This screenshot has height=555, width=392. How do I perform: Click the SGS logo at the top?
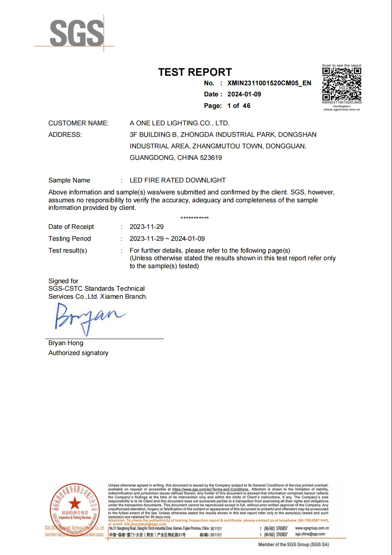77,34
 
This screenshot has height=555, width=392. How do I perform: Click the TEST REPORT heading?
195,72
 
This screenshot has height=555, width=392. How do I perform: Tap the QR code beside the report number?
342,84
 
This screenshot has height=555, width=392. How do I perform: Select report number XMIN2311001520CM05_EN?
269,83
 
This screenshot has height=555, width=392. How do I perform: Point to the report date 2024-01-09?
244,94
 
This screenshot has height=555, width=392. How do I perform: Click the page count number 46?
246,106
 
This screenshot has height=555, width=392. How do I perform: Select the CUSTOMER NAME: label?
79,123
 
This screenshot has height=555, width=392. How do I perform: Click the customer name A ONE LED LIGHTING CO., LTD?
179,123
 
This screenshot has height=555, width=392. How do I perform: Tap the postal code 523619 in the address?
211,158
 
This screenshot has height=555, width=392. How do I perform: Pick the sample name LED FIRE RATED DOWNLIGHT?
177,181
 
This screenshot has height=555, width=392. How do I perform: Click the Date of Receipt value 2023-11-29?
146,227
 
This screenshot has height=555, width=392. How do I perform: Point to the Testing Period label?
69,239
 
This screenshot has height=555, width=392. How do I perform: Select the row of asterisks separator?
194,218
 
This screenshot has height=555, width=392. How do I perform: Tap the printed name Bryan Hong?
66,343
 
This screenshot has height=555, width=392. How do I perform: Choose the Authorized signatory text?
78,353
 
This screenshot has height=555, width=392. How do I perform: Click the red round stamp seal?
75,509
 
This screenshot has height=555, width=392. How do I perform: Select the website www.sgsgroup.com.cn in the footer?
312,528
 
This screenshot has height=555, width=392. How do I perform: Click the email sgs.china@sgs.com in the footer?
310,534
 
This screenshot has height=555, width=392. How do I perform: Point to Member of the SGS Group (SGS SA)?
293,545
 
